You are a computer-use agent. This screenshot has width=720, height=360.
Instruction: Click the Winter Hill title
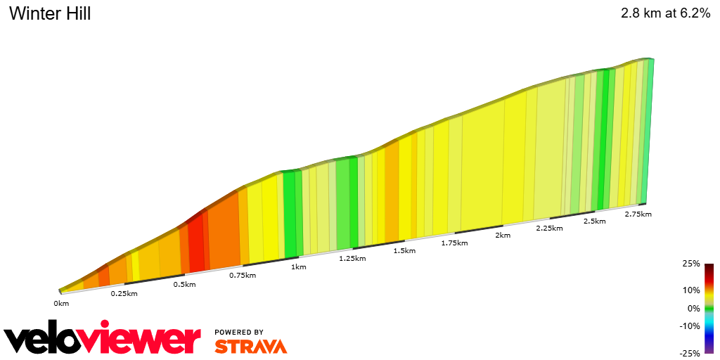(50, 13)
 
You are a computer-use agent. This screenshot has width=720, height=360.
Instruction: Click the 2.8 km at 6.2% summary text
(665, 13)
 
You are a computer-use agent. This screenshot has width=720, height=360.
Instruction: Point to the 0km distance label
(61, 304)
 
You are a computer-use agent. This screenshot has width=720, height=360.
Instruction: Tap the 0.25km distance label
(124, 293)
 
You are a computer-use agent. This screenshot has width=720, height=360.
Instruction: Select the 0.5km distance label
(184, 284)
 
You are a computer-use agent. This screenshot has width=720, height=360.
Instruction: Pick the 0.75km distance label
(243, 276)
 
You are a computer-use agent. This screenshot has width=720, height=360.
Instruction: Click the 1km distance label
(298, 267)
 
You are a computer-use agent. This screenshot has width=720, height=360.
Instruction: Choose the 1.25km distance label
(352, 259)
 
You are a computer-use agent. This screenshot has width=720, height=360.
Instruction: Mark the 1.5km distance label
(404, 251)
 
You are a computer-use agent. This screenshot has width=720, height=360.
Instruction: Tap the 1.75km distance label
(454, 243)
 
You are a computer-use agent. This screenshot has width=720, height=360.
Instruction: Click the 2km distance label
(503, 236)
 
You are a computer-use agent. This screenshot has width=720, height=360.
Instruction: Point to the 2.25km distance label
(549, 229)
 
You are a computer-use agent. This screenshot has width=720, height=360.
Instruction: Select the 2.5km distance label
(595, 221)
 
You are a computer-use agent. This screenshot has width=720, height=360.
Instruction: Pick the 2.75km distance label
(638, 214)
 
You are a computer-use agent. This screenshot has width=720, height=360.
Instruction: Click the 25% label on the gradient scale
(691, 264)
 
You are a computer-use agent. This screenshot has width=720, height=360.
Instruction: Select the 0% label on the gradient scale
(693, 308)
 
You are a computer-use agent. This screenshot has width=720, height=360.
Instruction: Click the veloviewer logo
(103, 340)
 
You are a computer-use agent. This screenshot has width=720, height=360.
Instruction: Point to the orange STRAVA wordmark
(250, 346)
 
